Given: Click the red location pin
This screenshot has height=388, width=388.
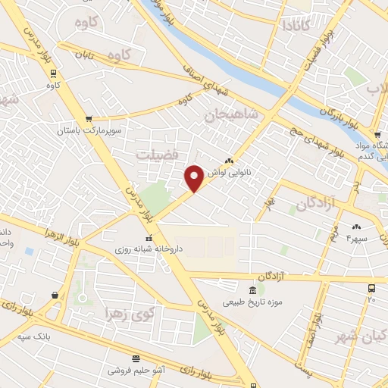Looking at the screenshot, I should point(194,177).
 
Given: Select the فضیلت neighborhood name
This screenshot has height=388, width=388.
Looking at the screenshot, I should point(155,155).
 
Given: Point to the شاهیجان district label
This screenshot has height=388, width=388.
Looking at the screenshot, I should point(231,116).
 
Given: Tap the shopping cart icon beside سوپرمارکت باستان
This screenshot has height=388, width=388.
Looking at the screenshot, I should point(89,119).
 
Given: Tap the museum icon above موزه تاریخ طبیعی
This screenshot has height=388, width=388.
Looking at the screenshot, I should point(252,290).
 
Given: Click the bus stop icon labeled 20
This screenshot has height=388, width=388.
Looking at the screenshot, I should point(371,289).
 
